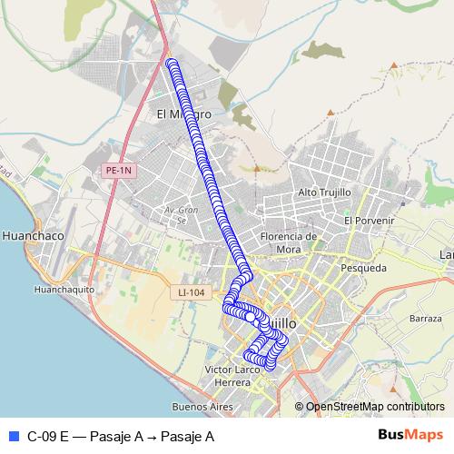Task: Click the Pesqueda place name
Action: (363, 268)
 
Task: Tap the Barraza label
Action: (425, 319)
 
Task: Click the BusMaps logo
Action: (410, 435)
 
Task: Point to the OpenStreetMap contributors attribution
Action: (374, 407)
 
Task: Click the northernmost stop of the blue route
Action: (171, 63)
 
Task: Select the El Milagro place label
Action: (184, 114)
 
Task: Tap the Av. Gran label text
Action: (175, 211)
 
